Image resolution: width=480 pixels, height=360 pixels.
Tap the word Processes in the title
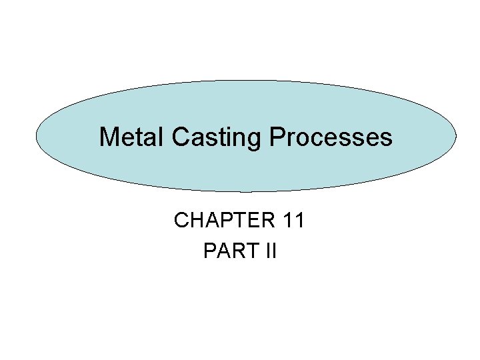[x=331, y=137]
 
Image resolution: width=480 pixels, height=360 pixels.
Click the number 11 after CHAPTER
[x=293, y=221]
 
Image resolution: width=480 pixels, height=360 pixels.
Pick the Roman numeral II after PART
[x=269, y=251]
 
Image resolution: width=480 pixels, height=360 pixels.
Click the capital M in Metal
[x=109, y=137]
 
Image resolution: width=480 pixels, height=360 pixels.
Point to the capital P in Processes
[x=277, y=137]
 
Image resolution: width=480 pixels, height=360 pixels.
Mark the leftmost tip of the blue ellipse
[x=36, y=137]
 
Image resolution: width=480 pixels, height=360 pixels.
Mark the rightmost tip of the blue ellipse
[x=457, y=137]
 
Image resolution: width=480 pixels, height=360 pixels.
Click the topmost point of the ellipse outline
[x=246, y=81]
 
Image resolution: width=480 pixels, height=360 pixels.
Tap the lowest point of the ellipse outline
[x=246, y=192]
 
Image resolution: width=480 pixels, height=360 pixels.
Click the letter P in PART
[x=209, y=251]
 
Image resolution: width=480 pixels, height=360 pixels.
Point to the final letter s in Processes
[x=387, y=139]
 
